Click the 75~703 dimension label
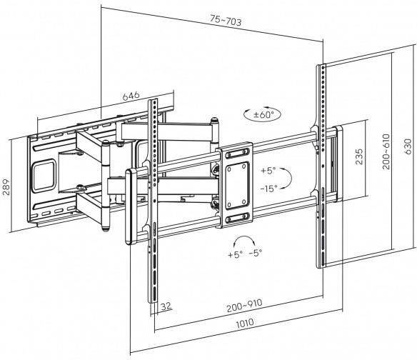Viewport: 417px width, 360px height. pos(226,21)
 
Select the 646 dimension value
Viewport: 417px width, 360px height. pos(131,96)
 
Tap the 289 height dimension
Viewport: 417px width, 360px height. pos(6,187)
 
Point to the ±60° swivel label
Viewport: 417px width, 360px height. pos(263,115)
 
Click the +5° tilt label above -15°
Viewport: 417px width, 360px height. pos(268,171)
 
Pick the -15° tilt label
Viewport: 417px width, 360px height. pos(269,189)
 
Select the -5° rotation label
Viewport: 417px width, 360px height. pos(256,253)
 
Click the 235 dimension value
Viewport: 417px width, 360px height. pos(358,156)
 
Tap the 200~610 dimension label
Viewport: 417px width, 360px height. pos(386,151)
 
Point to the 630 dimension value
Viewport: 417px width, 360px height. pos(408,146)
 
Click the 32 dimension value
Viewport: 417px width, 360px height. pos(166,306)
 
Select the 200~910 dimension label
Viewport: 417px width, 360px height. pos(244,305)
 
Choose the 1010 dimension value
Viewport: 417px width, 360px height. pos(245,323)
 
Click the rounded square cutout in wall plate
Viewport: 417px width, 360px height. pos(44,176)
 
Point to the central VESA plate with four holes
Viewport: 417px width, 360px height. pos(238,185)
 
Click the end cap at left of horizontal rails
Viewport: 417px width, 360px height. pos(131,206)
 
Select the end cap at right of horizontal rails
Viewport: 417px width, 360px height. pos(339,163)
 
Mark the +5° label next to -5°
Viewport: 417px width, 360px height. pos(235,254)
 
